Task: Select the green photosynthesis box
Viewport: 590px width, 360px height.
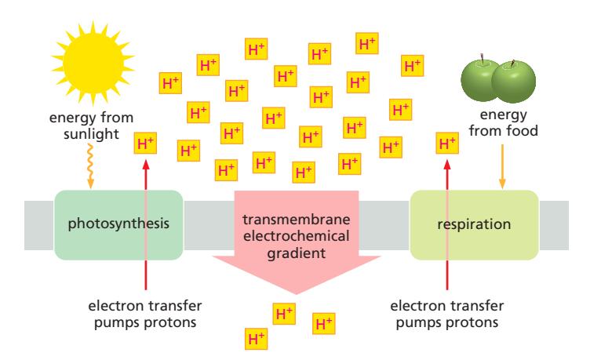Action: (118, 224)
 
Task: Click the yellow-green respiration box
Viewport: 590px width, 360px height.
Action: (475, 224)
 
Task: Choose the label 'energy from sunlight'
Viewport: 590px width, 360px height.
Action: (91, 125)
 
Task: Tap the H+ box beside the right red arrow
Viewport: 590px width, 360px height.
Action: (447, 143)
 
